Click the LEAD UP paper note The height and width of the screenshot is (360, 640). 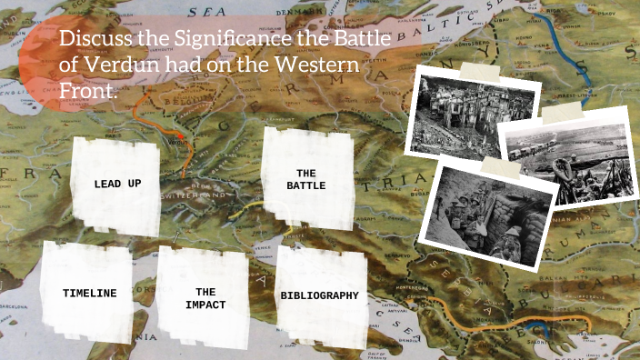[117, 184]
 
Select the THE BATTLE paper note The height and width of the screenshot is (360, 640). [305, 179]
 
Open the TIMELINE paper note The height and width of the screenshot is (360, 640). [90, 293]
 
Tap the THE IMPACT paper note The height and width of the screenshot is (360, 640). [205, 298]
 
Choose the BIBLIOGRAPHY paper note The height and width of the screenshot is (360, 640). [319, 295]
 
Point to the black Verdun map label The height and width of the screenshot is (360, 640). [178, 143]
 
